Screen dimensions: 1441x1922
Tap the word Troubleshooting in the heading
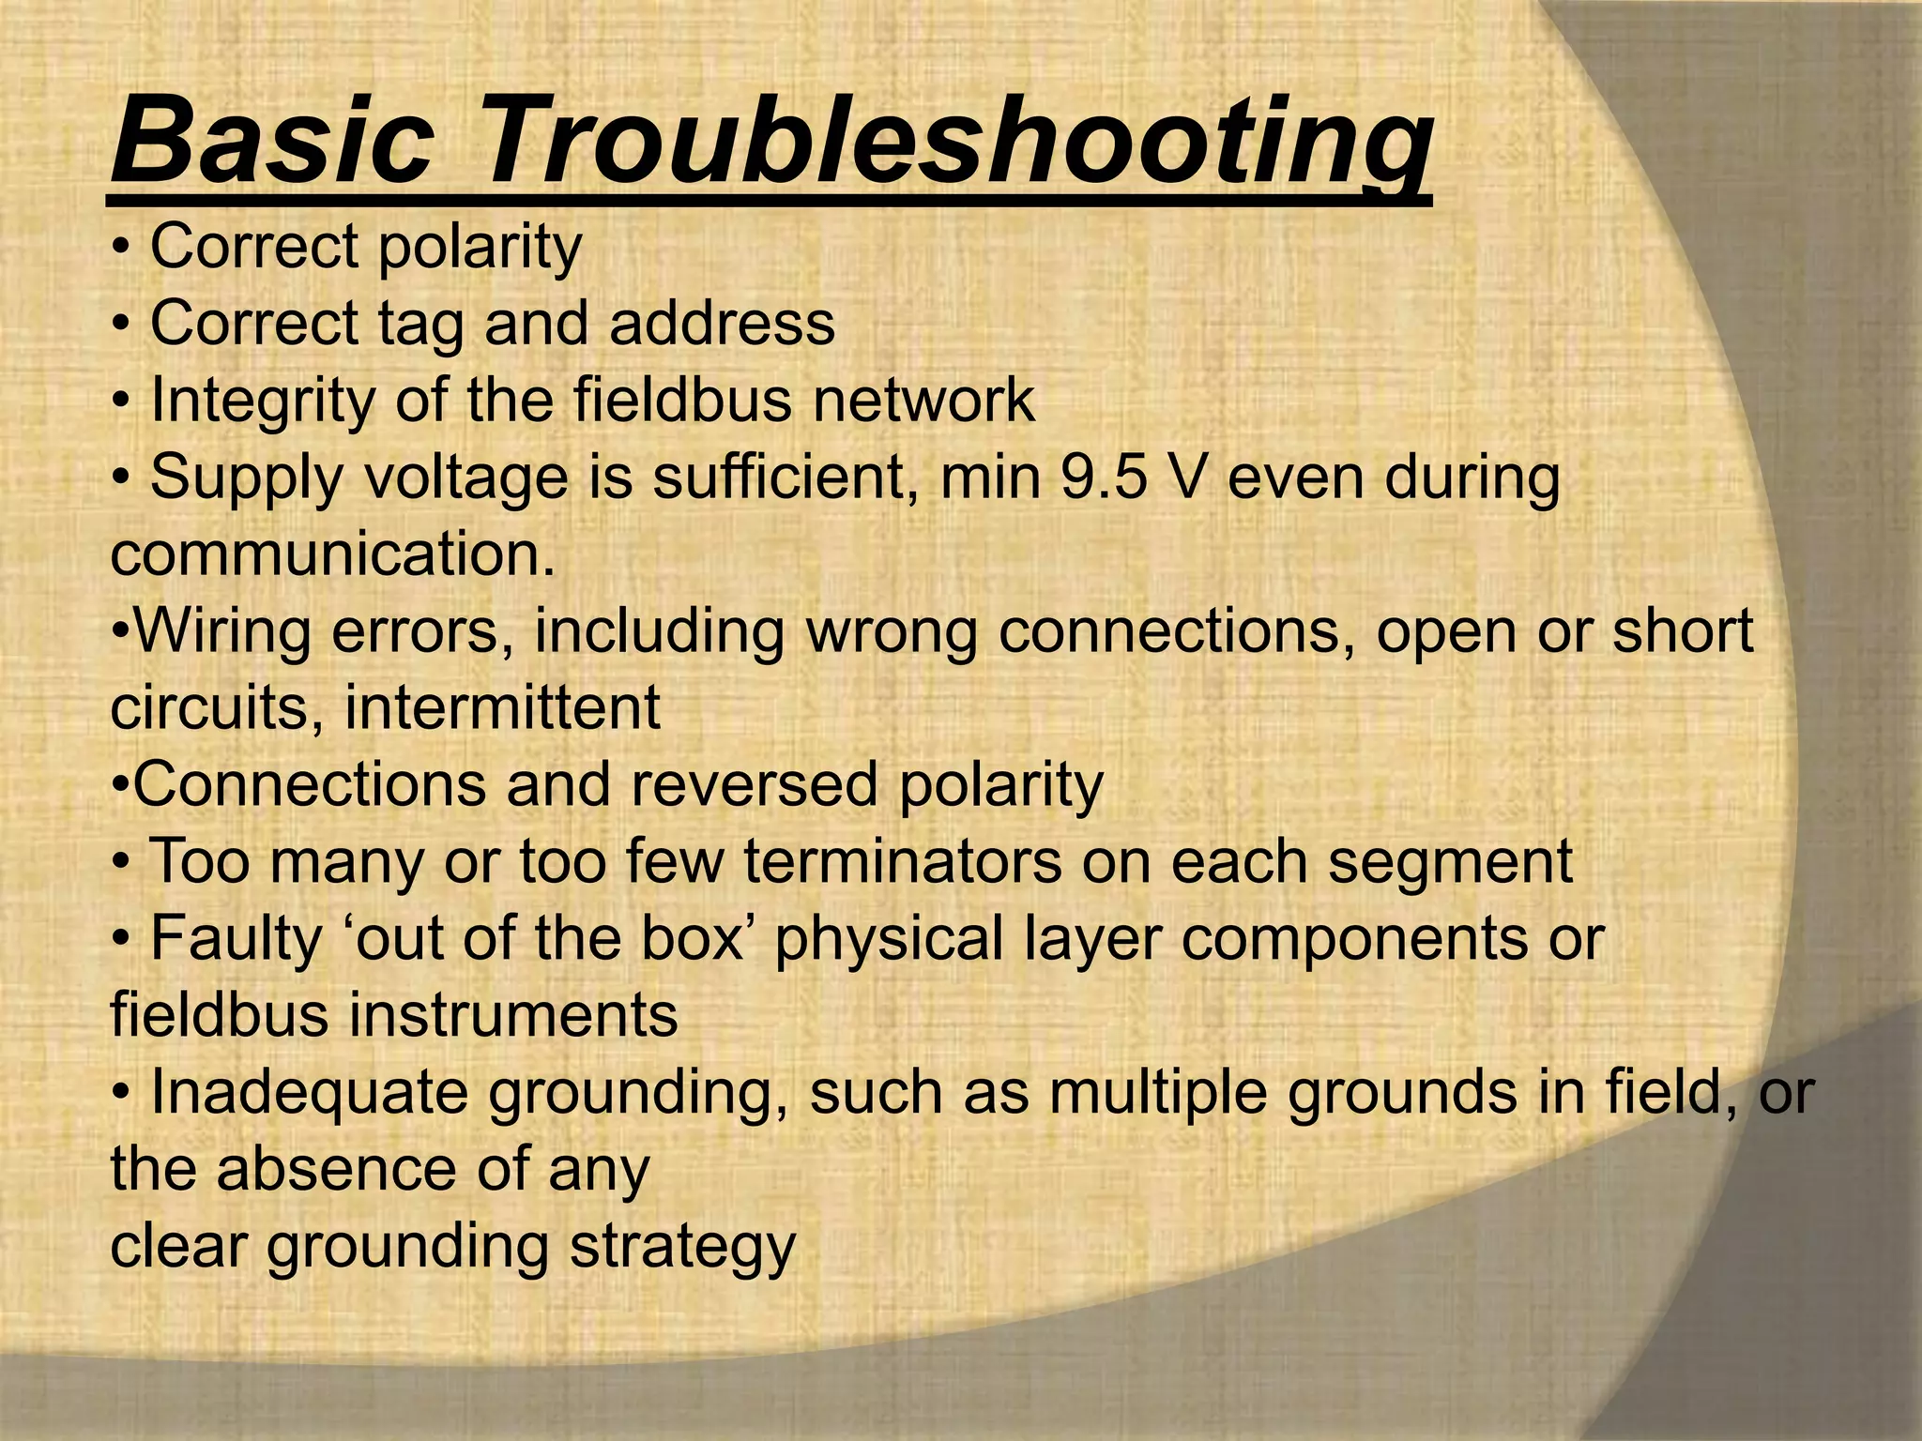(957, 143)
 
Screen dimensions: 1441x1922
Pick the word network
(923, 400)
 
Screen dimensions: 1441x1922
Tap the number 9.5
(1105, 477)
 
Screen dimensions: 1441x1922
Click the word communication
(332, 554)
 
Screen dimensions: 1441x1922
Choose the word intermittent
(502, 707)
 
